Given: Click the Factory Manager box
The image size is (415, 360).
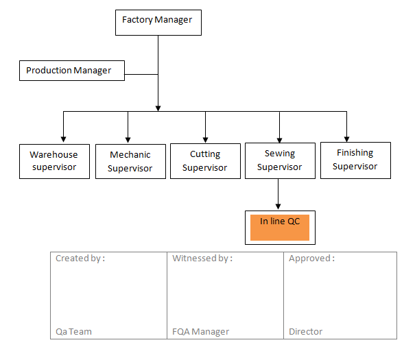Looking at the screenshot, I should pos(158,21).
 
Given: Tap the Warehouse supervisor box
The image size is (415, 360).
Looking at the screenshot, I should pos(54,161).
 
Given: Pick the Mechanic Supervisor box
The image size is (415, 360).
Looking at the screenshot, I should pos(130,162).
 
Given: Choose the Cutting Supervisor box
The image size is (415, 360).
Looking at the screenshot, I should pos(204,161).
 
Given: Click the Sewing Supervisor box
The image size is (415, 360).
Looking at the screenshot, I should pos(279,160).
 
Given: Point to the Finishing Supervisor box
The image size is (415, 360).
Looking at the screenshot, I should pos(355,160).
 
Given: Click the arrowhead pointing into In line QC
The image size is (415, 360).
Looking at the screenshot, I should pos(278,206).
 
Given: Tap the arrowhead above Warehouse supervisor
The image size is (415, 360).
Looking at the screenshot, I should pos(63,138).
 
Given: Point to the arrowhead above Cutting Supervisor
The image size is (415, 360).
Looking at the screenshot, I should pos(205,138).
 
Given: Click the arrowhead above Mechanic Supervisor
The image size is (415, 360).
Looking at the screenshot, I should pos(128,138).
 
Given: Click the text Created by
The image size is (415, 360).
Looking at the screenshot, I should pos(80,259).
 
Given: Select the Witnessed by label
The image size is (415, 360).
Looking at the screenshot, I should pos(202,259).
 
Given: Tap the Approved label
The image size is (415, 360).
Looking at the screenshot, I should pos(311,259).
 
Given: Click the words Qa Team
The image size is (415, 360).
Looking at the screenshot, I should pos(73,331).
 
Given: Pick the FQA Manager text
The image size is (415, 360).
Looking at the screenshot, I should pos(200,331).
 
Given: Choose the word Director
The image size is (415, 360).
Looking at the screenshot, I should pos(305,331).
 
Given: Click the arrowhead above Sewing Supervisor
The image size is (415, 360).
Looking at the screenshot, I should pos(279,138).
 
